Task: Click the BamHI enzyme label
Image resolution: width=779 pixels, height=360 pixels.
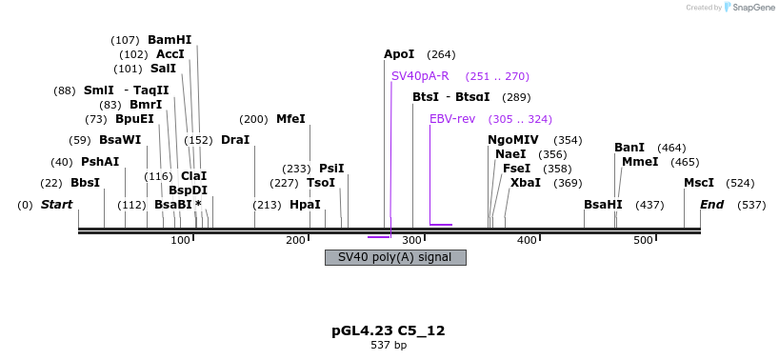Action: (x=170, y=40)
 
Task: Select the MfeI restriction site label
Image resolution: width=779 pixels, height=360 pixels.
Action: (x=290, y=119)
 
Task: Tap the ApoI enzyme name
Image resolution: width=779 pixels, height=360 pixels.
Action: (x=399, y=54)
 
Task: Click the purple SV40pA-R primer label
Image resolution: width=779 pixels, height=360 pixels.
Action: (x=420, y=76)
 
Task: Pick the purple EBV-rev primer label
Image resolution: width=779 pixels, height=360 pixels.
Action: (x=452, y=119)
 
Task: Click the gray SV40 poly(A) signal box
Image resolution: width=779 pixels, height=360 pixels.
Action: (x=395, y=257)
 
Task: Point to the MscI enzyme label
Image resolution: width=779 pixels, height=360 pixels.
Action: (x=699, y=183)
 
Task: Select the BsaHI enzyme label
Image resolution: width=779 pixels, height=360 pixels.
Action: (x=603, y=205)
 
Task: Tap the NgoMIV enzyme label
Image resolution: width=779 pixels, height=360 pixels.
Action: (x=513, y=140)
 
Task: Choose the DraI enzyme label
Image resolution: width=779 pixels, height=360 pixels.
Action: (x=235, y=140)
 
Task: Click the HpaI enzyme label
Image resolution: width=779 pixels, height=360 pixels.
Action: (x=305, y=205)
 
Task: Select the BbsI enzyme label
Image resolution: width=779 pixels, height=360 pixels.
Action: (x=85, y=183)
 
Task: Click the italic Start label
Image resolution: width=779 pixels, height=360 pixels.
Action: (x=56, y=205)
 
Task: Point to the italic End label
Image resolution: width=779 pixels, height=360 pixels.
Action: (x=711, y=205)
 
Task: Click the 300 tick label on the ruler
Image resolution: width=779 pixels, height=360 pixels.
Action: (x=411, y=240)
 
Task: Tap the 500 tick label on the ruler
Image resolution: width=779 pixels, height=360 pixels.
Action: (x=643, y=240)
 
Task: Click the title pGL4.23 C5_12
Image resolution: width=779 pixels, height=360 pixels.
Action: (x=389, y=331)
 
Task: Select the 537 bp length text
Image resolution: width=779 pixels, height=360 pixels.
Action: (x=389, y=345)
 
